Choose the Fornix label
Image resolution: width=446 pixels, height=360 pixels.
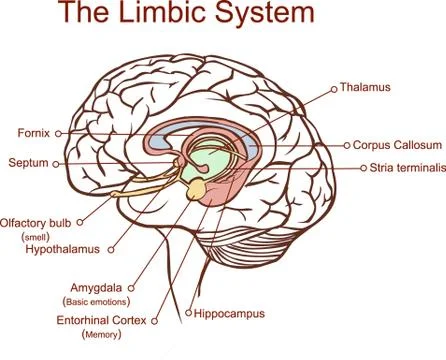[34, 132]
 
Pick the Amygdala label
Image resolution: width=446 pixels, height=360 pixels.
[96, 286]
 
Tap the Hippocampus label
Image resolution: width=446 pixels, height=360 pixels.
[229, 313]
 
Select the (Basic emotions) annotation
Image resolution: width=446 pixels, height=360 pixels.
[96, 300]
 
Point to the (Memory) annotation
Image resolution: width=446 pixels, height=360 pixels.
[100, 335]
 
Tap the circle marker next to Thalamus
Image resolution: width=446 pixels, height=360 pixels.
[333, 89]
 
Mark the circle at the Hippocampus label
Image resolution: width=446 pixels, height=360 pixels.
[187, 314]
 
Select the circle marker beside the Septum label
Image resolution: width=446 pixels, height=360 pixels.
[56, 162]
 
